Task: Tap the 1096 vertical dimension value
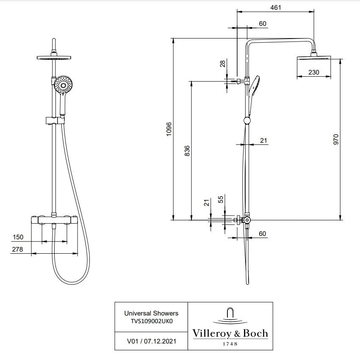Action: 169,129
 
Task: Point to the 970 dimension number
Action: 336,140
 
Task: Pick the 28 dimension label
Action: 222,64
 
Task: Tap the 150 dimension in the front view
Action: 18,237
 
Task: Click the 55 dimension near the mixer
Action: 221,200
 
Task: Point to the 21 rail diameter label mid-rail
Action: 263,140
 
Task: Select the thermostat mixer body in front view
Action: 55,220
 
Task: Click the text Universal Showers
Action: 151,313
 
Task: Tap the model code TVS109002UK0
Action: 151,321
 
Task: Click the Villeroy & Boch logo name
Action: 230,333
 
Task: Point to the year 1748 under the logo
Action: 230,344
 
